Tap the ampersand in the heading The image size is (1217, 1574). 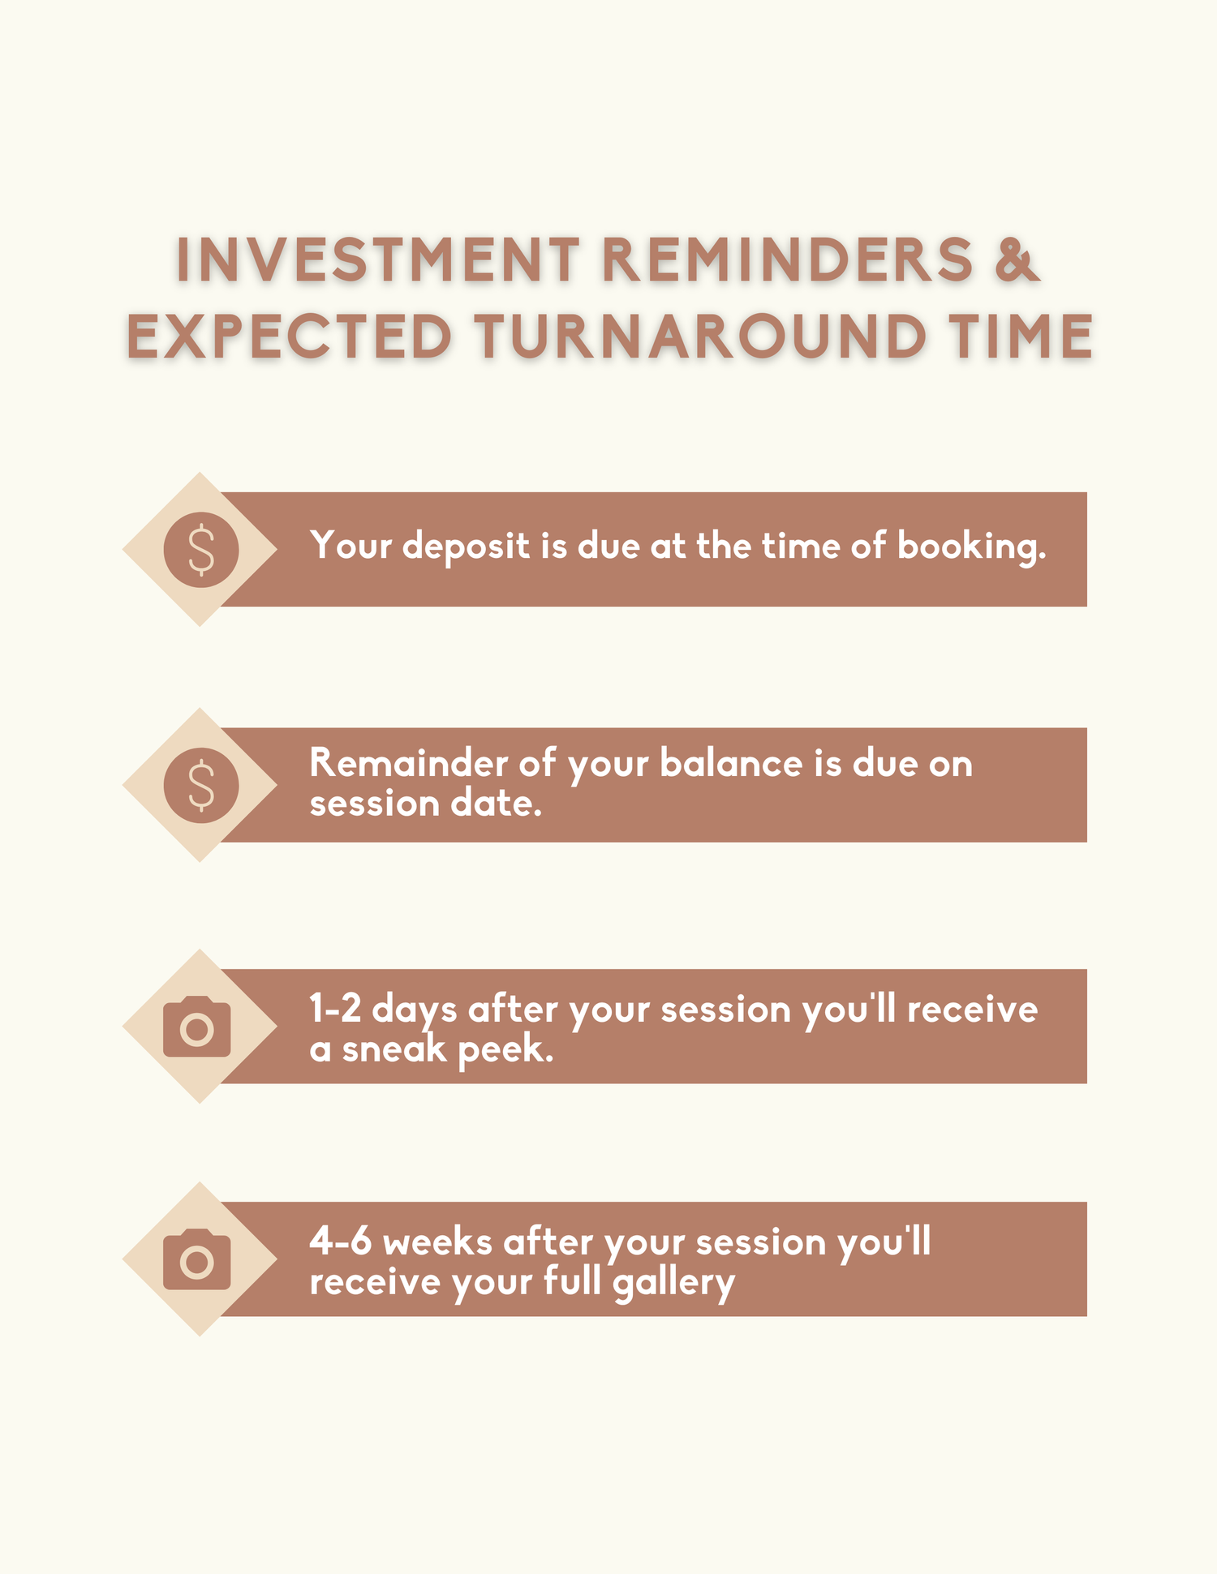1017,260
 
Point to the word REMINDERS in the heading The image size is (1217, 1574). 788,260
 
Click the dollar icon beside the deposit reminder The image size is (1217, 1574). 201,549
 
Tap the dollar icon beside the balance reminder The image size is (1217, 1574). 201,785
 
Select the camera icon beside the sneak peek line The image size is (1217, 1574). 197,1027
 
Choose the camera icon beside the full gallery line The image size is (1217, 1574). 197,1259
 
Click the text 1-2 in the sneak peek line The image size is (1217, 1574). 335,1010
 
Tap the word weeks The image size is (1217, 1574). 437,1242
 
